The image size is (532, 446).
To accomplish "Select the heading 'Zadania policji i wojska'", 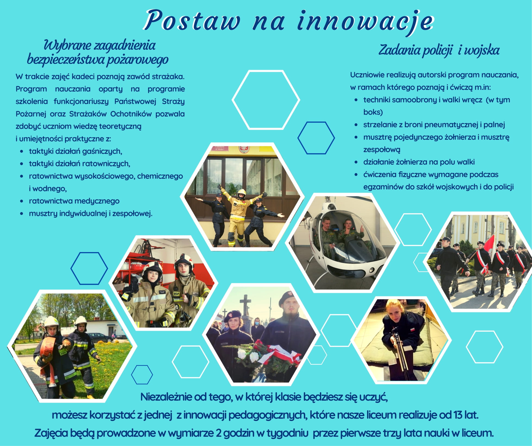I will pyautogui.click(x=439, y=51).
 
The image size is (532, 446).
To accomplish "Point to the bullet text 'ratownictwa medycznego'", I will pyautogui.click(x=74, y=201).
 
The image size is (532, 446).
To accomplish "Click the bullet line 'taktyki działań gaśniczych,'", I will pyautogui.click(x=75, y=151).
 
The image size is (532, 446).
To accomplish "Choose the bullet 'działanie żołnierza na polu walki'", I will pyautogui.click(x=419, y=162).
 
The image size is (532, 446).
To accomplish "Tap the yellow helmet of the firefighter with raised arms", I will pyautogui.click(x=241, y=193).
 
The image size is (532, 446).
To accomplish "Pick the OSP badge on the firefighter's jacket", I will pyautogui.click(x=177, y=293).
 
